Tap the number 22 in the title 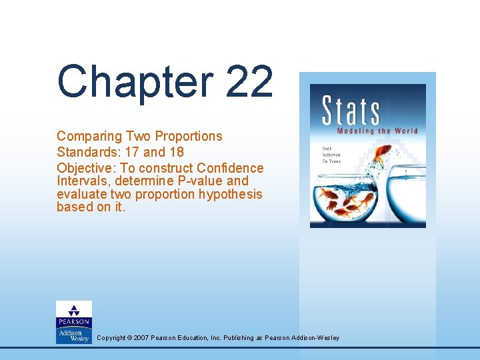(250, 82)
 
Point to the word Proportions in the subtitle (189, 136)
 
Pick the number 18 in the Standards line (175, 152)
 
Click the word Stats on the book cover (351, 111)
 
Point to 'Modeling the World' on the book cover (378, 131)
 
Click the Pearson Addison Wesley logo (73, 322)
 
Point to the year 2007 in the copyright (141, 338)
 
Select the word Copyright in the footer (111, 338)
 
